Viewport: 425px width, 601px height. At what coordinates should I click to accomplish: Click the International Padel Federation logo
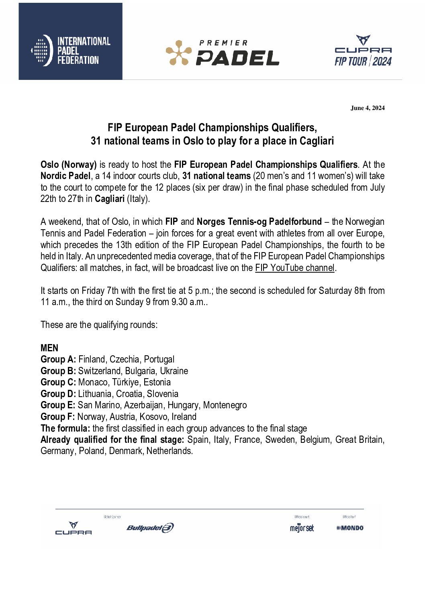click(71, 51)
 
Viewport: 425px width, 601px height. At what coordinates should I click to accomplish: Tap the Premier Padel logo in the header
click(223, 53)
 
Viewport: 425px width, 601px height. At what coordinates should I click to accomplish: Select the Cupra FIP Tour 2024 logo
click(363, 51)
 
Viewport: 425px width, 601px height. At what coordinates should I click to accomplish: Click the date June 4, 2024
click(368, 108)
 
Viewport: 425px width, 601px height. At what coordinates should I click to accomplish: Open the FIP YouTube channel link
click(294, 268)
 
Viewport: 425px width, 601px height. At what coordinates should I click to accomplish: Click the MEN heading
click(49, 348)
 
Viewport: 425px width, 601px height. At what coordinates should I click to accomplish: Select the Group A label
click(58, 359)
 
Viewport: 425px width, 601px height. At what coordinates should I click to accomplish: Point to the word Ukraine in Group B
click(174, 371)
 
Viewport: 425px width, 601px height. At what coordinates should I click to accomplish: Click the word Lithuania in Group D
click(95, 394)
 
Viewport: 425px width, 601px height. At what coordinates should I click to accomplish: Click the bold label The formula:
click(65, 428)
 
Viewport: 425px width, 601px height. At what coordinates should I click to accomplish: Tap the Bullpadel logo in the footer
click(150, 528)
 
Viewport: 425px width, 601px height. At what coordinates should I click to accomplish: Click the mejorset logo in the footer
click(302, 528)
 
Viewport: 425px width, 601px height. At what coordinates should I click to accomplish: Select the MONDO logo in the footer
click(350, 528)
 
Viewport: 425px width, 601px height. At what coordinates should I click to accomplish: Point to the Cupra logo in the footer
click(74, 528)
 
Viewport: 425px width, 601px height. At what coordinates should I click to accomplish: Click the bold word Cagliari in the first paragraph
click(110, 199)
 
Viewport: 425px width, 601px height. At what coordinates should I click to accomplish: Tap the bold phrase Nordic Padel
click(65, 176)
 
